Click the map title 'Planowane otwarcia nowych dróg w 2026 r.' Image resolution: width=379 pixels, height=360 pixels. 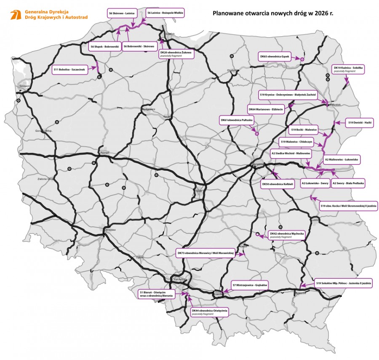tap(273, 13)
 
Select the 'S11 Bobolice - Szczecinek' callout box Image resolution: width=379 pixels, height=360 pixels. tap(70, 69)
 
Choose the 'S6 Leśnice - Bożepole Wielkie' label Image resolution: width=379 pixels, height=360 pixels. tap(165, 13)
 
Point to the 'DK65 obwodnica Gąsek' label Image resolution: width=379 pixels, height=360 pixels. tap(274, 56)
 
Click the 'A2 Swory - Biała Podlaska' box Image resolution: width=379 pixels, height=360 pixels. tap(349, 183)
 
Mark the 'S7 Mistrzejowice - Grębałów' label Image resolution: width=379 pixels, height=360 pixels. tap(250, 285)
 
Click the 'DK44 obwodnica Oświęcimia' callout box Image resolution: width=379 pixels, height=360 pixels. tap(210, 312)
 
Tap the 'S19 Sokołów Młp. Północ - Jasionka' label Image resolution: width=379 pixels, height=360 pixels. tap(344, 283)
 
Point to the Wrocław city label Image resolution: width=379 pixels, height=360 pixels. tap(110, 230)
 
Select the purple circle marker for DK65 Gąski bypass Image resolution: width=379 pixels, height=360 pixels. tap(302, 60)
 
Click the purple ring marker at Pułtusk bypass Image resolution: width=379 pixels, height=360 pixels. tap(256, 134)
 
